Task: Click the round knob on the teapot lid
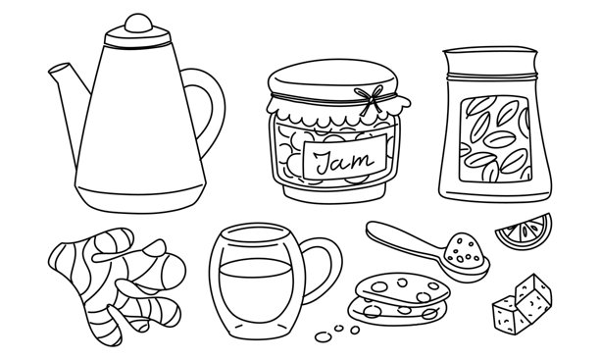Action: coord(138,23)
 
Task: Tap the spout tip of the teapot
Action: coord(55,70)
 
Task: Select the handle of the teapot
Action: coord(210,108)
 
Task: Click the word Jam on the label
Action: coord(344,160)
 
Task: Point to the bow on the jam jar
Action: coord(370,99)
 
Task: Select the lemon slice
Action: coord(525,231)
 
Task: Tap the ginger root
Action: coord(115,283)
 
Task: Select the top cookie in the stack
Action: coord(402,288)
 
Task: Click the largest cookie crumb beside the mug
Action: coord(324,337)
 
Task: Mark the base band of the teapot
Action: coord(140,199)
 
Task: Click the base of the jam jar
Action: coord(334,193)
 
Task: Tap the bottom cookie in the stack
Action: coord(398,311)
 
